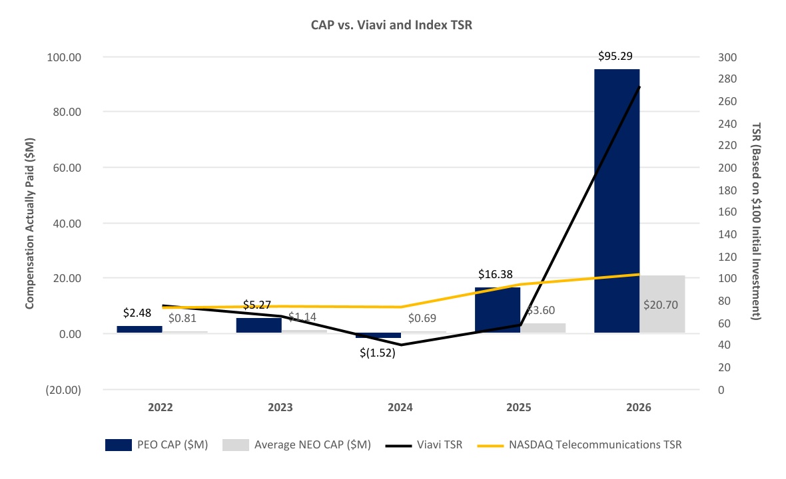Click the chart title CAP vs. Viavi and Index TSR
[x=392, y=25]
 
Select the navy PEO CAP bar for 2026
[x=617, y=201]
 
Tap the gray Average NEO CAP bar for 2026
[x=662, y=304]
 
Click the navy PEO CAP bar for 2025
[x=498, y=310]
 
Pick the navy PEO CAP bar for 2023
[x=258, y=325]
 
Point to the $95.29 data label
[x=615, y=56]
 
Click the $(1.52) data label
[x=378, y=353]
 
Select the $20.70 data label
[x=661, y=305]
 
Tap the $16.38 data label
[x=496, y=274]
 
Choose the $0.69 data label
[x=422, y=318]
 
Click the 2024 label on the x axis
[x=400, y=407]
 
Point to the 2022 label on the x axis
[x=161, y=407]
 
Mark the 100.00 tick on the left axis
[x=64, y=58]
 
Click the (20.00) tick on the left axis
[x=63, y=390]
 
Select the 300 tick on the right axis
[x=727, y=58]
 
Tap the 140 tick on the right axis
[x=727, y=234]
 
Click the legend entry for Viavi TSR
[x=424, y=445]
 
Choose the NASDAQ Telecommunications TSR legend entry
[x=580, y=445]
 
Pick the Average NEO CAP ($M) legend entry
[x=297, y=445]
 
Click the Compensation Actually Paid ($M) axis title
[x=29, y=224]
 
